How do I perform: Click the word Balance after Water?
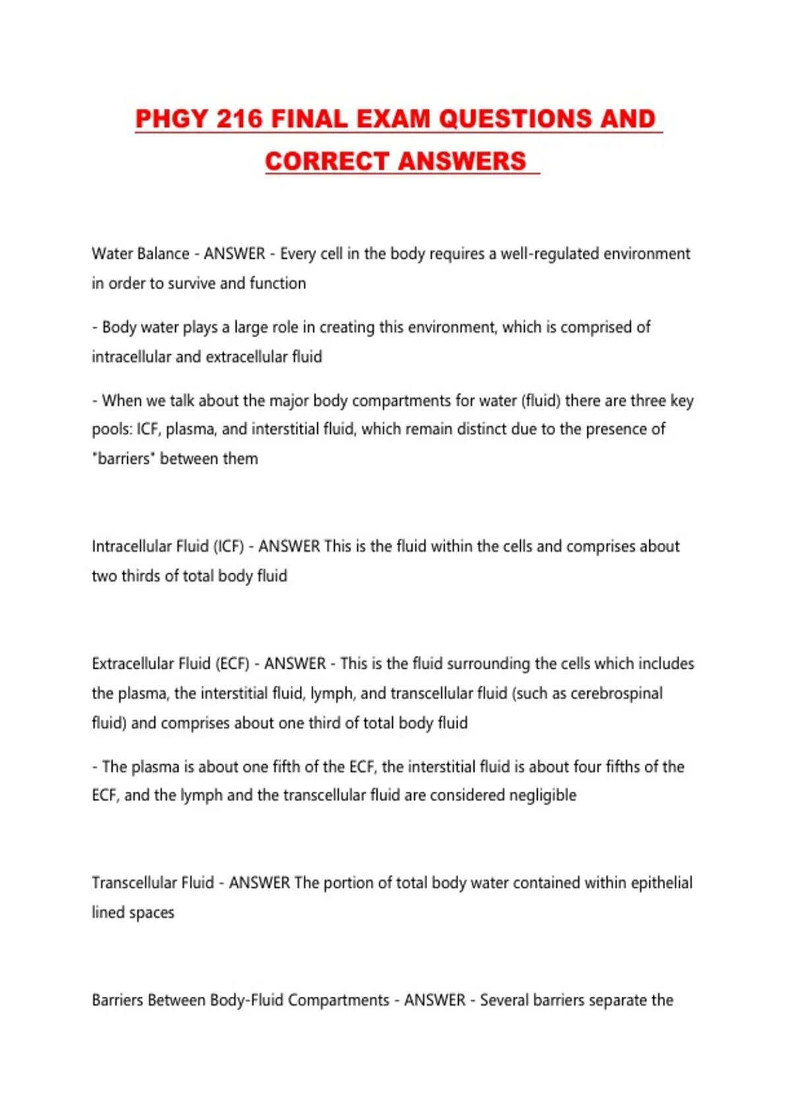pyautogui.click(x=163, y=254)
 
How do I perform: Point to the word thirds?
pyautogui.click(x=141, y=576)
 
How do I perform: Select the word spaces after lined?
pyautogui.click(x=152, y=912)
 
